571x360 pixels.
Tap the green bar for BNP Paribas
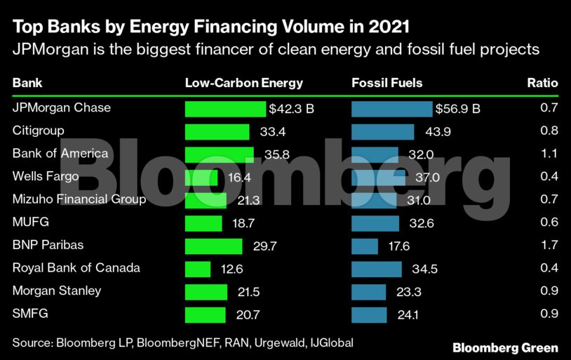click(213, 246)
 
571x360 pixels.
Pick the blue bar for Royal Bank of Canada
click(376, 269)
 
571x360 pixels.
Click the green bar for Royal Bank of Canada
click(198, 269)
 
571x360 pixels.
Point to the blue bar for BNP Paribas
click(365, 246)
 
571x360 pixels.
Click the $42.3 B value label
click(291, 109)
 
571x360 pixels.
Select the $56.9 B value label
click(457, 109)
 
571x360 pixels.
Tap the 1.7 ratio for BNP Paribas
click(549, 246)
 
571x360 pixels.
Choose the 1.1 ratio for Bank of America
click(549, 154)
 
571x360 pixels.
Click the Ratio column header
click(542, 83)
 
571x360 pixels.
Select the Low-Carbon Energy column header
click(243, 83)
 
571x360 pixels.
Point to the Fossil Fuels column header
click(387, 83)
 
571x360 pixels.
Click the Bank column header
click(27, 83)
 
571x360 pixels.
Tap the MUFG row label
click(29, 222)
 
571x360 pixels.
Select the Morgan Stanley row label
click(57, 291)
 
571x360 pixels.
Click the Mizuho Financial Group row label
click(79, 199)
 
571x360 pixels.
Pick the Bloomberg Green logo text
click(505, 347)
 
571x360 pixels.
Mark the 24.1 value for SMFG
click(408, 315)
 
